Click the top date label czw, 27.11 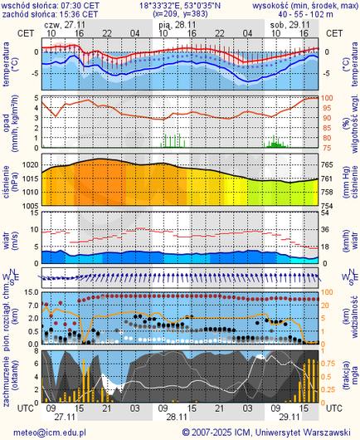click(x=66, y=25)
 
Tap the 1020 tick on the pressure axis click(x=29, y=166)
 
